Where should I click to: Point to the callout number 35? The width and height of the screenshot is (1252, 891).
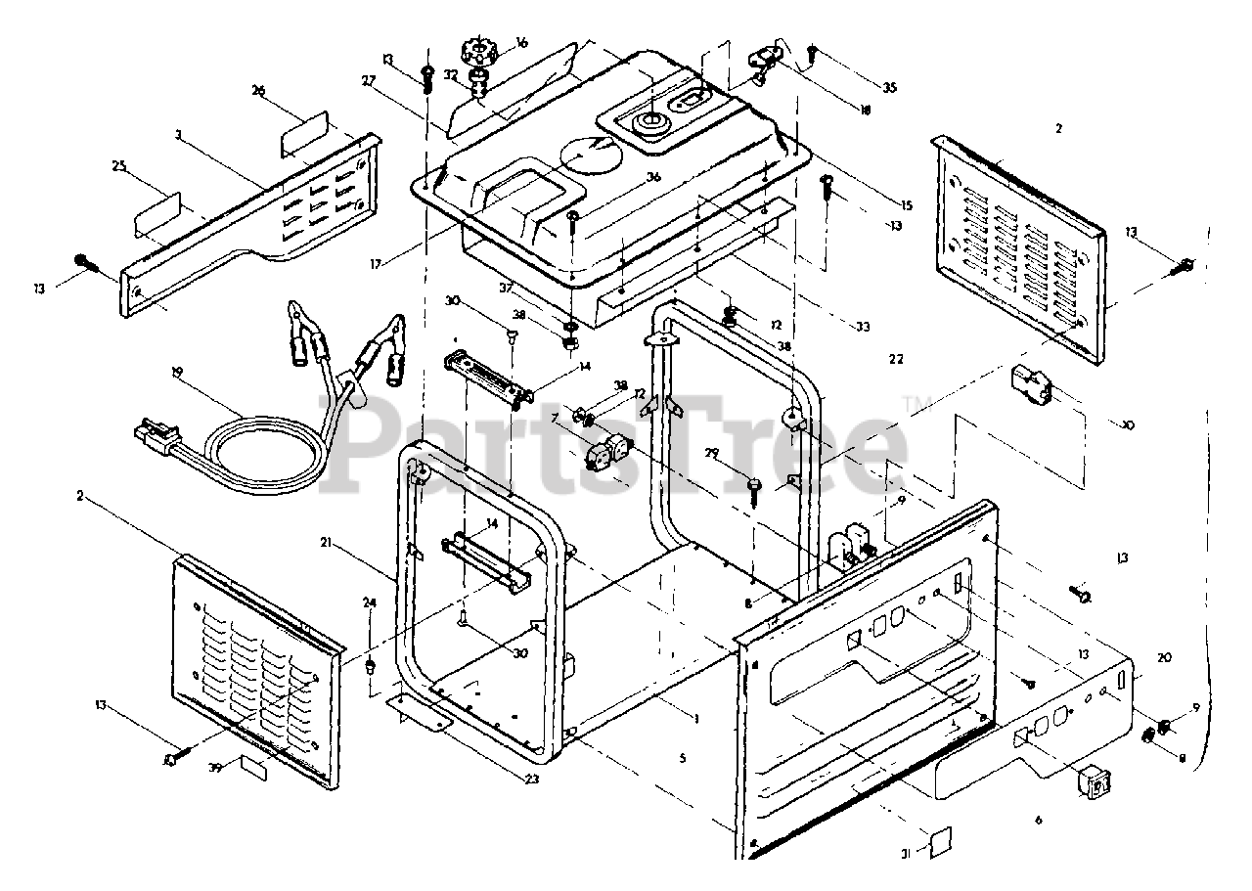[x=889, y=88]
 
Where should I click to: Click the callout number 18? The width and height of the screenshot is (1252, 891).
[x=865, y=111]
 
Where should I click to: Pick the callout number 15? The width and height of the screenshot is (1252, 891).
[x=906, y=205]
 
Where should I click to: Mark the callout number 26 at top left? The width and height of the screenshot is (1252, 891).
[x=258, y=91]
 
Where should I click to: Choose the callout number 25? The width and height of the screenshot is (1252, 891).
[x=119, y=167]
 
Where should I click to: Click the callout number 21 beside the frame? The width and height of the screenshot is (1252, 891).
[x=324, y=541]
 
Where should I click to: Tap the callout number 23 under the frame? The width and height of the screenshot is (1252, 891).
[x=531, y=780]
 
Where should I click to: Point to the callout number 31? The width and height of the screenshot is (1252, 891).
[x=906, y=854]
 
